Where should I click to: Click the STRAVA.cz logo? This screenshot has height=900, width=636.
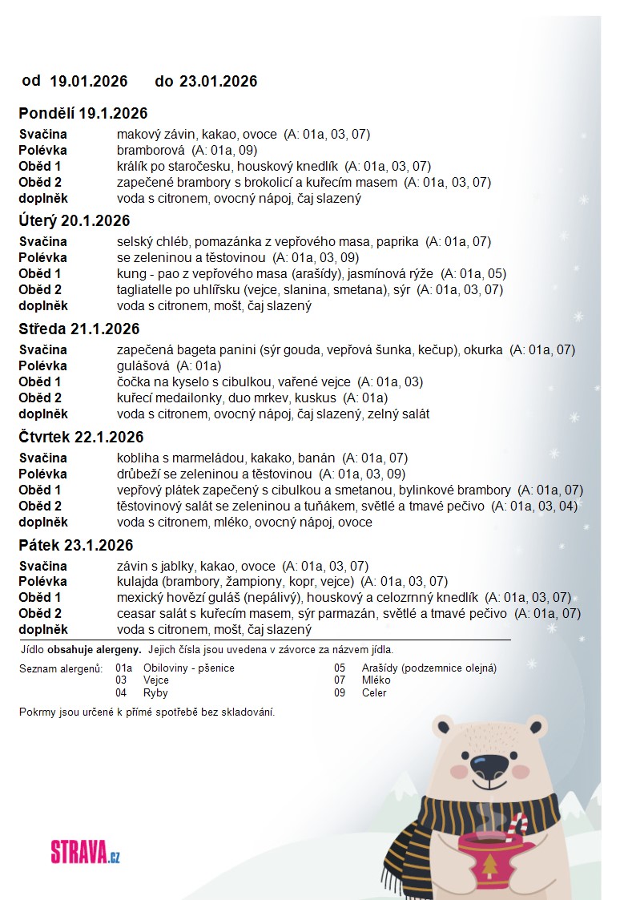pos(85,851)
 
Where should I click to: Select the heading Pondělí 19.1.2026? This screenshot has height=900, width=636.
pos(83,113)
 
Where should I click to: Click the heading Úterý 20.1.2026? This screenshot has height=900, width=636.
pos(74,220)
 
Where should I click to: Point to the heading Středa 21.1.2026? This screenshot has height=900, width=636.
pos(78,329)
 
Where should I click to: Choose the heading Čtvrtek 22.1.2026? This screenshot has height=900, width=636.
pos(81,437)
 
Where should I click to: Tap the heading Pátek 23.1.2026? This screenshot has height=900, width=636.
pos(75,545)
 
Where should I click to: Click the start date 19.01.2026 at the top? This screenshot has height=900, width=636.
pos(89,81)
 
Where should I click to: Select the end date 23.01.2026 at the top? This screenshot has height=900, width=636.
pos(218,81)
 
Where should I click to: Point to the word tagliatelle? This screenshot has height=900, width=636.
pos(147,289)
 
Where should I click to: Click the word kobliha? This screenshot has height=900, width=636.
pos(136,458)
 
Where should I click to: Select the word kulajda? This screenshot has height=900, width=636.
pos(137,581)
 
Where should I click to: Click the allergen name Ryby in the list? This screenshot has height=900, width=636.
pos(155,692)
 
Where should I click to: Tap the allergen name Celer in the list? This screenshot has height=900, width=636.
pos(374,692)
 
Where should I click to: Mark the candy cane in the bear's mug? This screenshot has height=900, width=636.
pos(517,826)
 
